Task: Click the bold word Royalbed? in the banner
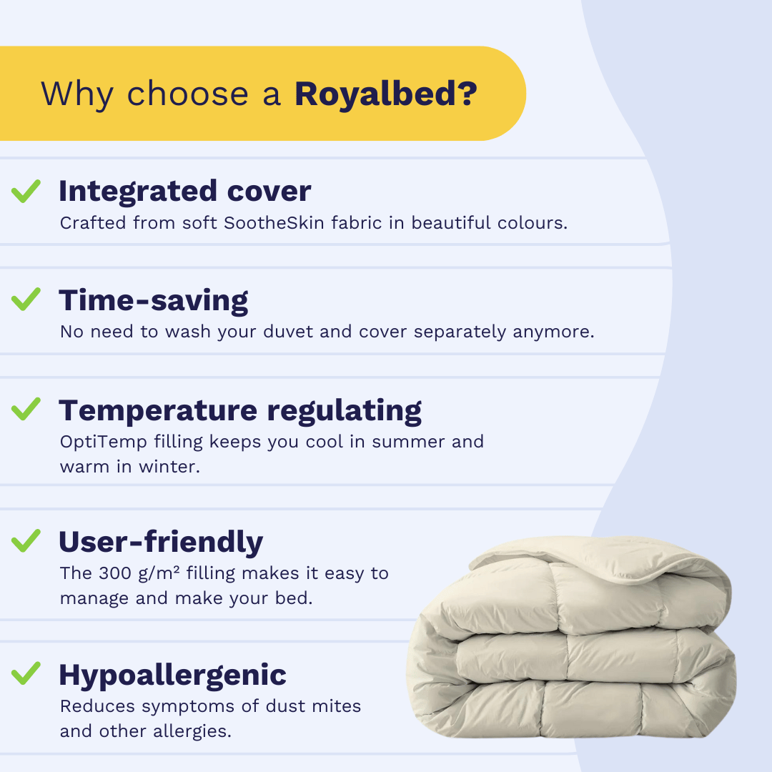pos(386,94)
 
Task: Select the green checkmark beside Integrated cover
pos(26,191)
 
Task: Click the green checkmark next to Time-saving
pos(26,300)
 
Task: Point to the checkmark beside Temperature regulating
pos(26,409)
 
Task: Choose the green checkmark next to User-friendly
pos(26,540)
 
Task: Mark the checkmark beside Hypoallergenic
pos(26,673)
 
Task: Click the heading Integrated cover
pos(185,192)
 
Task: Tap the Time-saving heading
pos(154,302)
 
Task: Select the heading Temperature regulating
pos(240,412)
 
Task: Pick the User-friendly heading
pos(161,543)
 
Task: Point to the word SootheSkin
pos(274,223)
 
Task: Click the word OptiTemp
pos(104,442)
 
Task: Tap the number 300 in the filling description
pos(115,573)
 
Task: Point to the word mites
pos(337,706)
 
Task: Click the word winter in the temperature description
pos(169,467)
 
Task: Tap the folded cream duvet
pos(571,638)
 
